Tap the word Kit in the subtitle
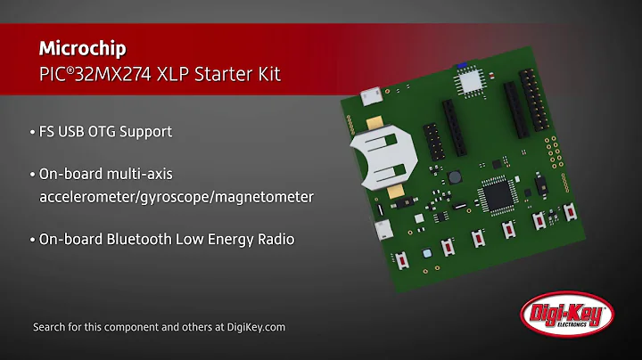[x=266, y=73]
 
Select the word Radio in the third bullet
[x=274, y=240]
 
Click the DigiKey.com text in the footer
[x=254, y=327]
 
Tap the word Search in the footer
[x=51, y=327]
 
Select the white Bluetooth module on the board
[x=469, y=83]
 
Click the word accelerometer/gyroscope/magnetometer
[x=176, y=196]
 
